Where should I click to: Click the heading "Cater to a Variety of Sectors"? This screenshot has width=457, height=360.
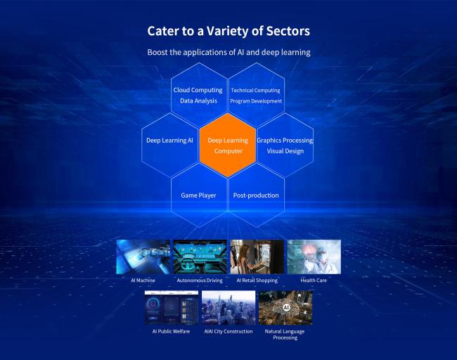pos(228,31)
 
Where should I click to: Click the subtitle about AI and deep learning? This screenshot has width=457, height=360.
pos(228,52)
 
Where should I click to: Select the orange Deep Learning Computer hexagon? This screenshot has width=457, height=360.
pos(228,145)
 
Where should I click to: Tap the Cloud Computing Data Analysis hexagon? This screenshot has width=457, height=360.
pos(199,95)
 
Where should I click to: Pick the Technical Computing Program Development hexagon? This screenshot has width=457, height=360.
pos(256,95)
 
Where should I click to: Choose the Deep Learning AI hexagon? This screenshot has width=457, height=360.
pos(170,145)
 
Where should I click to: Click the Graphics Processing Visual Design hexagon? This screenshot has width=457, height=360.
pos(285,145)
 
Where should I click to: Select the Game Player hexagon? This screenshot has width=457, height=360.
pos(199,195)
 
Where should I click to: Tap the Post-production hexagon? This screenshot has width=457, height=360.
pos(256,195)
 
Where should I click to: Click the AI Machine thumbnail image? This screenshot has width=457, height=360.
pos(143,257)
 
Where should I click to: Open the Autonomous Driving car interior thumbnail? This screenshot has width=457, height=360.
pos(200,257)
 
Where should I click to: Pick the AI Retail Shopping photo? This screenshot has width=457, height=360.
pos(257,257)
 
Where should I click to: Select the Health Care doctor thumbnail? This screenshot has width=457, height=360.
pos(314,257)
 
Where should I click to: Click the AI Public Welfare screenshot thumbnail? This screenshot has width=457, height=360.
pos(172,307)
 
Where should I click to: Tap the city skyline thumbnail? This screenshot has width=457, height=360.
pos(228,307)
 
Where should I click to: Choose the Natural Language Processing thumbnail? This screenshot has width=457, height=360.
pos(285,307)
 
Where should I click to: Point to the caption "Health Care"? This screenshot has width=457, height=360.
pos(314,281)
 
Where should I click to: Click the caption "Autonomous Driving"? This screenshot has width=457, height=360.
pos(200,281)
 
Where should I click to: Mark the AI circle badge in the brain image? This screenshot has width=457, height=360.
pos(286,307)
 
